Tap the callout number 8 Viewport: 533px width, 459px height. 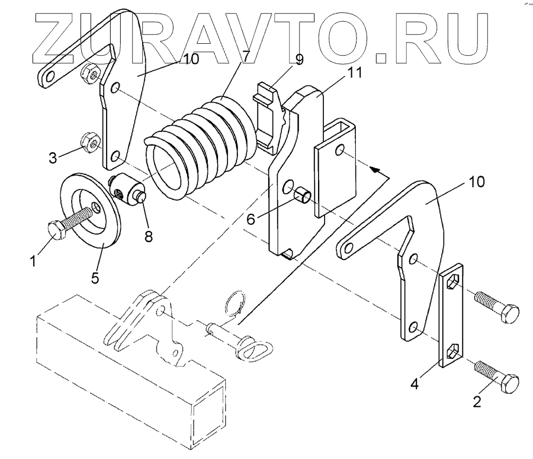point(148,236)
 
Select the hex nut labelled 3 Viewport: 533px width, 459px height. point(91,142)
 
